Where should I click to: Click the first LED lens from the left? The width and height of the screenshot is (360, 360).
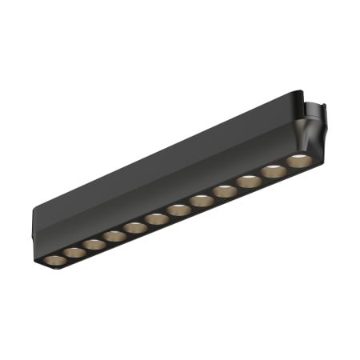(x=54, y=262)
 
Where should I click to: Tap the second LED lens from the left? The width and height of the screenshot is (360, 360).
(x=74, y=253)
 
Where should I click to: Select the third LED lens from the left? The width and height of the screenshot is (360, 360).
(x=94, y=244)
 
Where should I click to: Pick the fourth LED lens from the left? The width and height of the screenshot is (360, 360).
(x=114, y=236)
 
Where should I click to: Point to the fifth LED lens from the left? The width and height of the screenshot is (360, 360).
(x=135, y=227)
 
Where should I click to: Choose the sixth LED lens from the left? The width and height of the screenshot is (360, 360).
(x=157, y=218)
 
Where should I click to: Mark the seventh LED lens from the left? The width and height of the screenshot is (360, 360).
(x=178, y=210)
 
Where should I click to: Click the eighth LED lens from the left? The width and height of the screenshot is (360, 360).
(x=201, y=200)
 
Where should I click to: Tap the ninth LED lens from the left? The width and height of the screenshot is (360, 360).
(x=224, y=190)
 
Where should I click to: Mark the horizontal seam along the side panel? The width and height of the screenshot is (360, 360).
(x=160, y=192)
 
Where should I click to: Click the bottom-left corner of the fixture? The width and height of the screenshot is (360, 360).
(x=39, y=265)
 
